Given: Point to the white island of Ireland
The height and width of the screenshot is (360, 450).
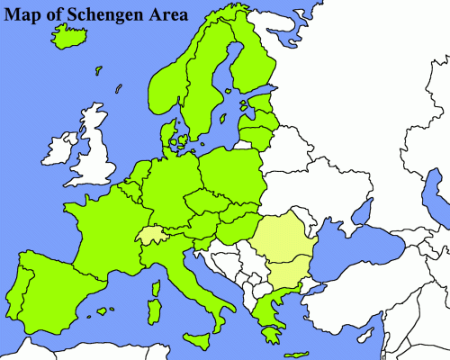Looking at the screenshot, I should (x=63, y=148).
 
